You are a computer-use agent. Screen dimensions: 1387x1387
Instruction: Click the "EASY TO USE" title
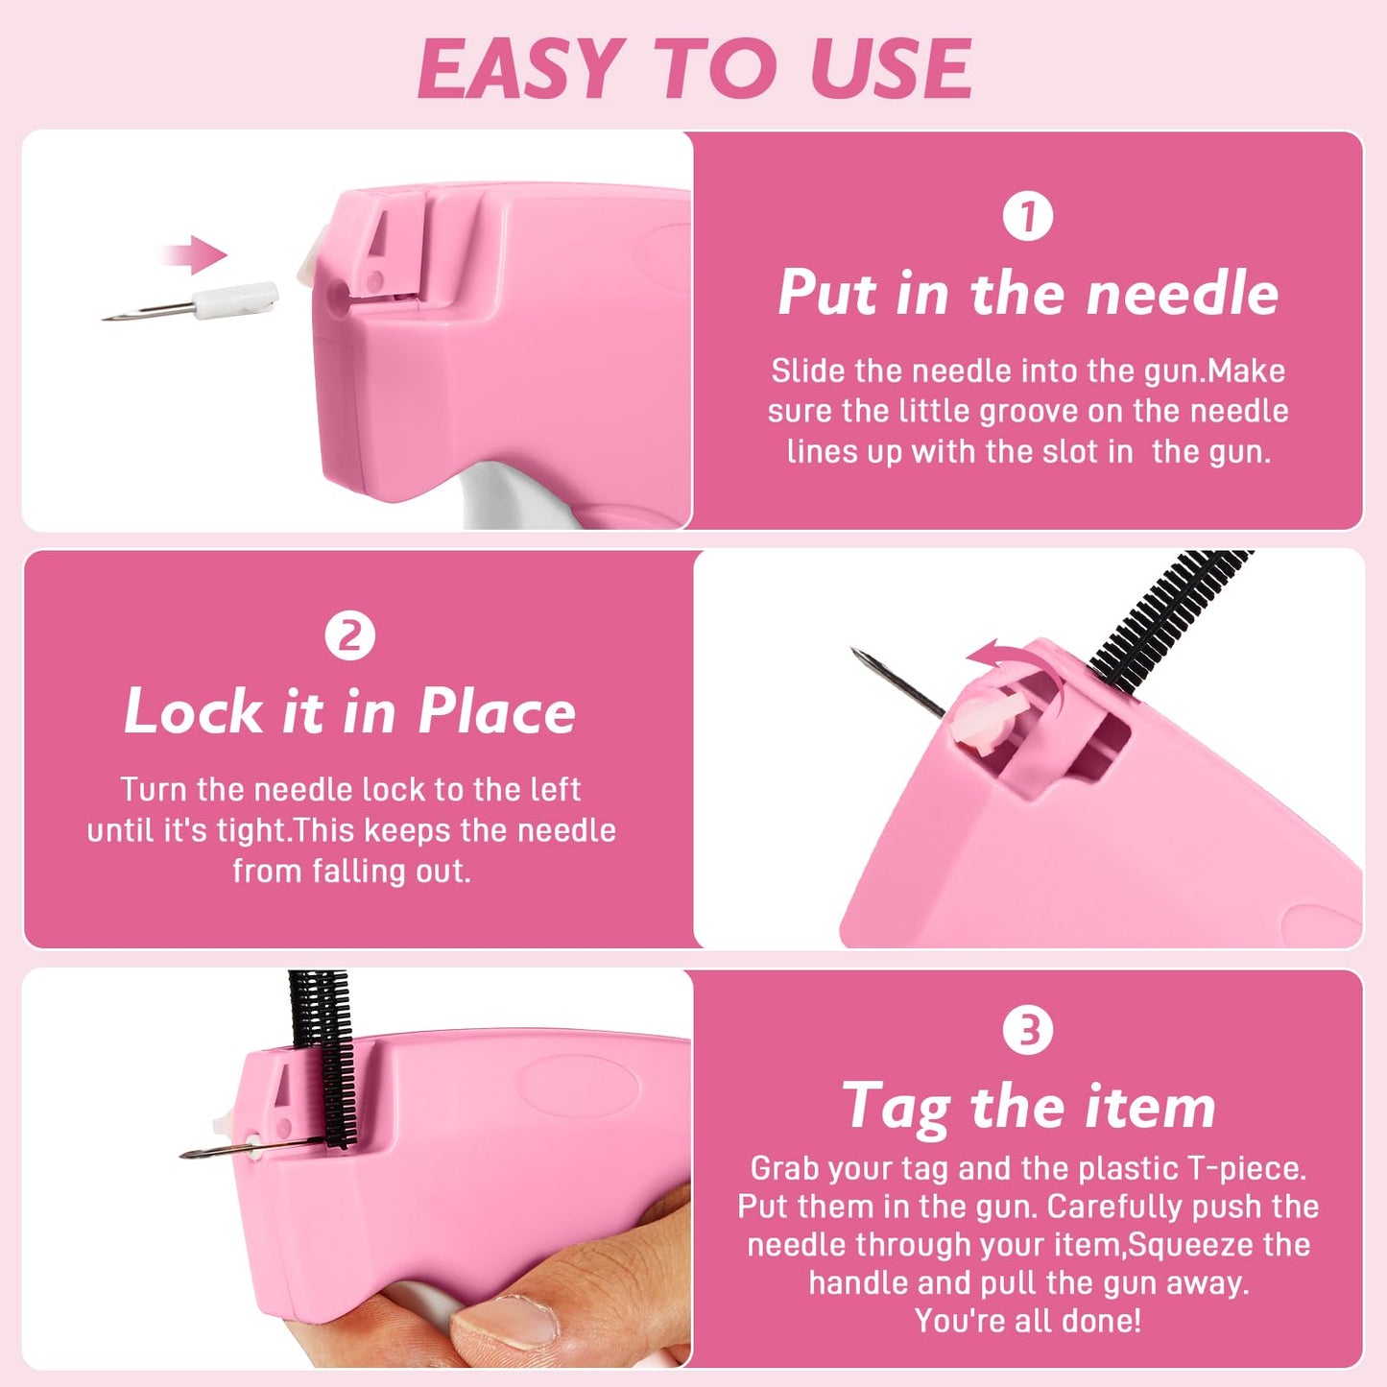pos(694,69)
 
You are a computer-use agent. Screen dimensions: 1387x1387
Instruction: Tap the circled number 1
pos(1027,216)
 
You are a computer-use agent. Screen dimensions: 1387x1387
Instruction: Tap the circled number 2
pos(349,635)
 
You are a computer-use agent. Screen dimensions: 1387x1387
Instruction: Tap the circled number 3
pos(1027,1030)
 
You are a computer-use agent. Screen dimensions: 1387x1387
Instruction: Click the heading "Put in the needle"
pos(1027,293)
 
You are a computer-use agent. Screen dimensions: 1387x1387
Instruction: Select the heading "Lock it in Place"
pos(349,712)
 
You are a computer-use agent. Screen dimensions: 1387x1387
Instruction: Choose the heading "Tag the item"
pos(1027,1107)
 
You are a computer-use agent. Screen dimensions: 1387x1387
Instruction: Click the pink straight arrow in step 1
pos(194,255)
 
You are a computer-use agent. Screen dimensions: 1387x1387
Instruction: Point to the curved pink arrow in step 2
pos(1017,672)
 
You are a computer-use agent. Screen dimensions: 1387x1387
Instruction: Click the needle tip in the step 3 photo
pos(185,1154)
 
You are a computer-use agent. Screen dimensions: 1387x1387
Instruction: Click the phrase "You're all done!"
pos(1027,1321)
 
